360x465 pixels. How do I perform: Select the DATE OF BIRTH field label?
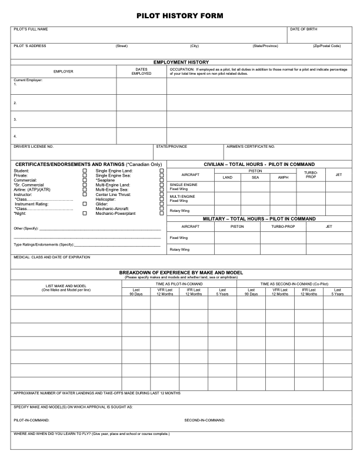(x=304, y=29)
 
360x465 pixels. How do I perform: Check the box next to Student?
(x=85, y=171)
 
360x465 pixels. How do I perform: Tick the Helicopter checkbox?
(x=162, y=199)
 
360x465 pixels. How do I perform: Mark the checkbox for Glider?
(x=162, y=204)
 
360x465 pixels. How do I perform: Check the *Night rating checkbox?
(x=85, y=213)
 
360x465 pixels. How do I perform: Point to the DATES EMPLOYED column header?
(x=141, y=71)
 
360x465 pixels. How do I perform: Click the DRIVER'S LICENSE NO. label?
(x=34, y=146)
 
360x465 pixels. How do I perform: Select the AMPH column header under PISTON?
(x=283, y=177)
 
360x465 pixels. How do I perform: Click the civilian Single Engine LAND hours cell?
(x=228, y=186)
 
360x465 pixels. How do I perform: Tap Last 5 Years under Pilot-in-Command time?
(x=222, y=291)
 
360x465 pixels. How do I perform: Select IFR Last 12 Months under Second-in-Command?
(x=308, y=291)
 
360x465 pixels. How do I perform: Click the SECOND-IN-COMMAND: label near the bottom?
(x=205, y=420)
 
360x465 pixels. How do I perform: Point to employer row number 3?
(x=15, y=120)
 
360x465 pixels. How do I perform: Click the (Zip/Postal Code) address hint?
(x=327, y=46)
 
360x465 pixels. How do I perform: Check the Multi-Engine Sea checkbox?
(x=162, y=190)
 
